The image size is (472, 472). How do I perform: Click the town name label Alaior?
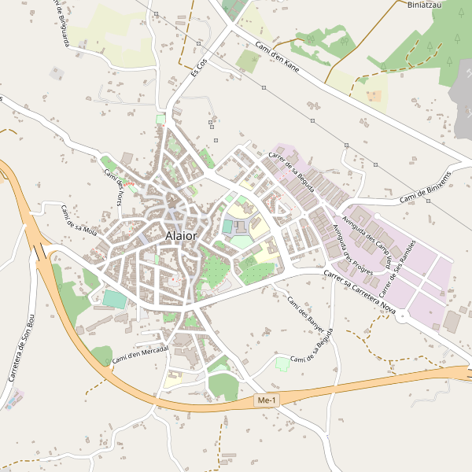pyautogui.click(x=182, y=235)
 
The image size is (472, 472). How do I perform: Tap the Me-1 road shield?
pyautogui.click(x=267, y=401)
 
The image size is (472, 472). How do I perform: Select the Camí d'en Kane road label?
pyautogui.click(x=278, y=56)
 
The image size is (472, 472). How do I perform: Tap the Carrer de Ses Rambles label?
pyautogui.click(x=397, y=269)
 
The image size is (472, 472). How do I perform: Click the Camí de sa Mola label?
pyautogui.click(x=79, y=219)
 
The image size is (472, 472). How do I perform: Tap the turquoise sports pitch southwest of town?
pyautogui.click(x=114, y=300)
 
